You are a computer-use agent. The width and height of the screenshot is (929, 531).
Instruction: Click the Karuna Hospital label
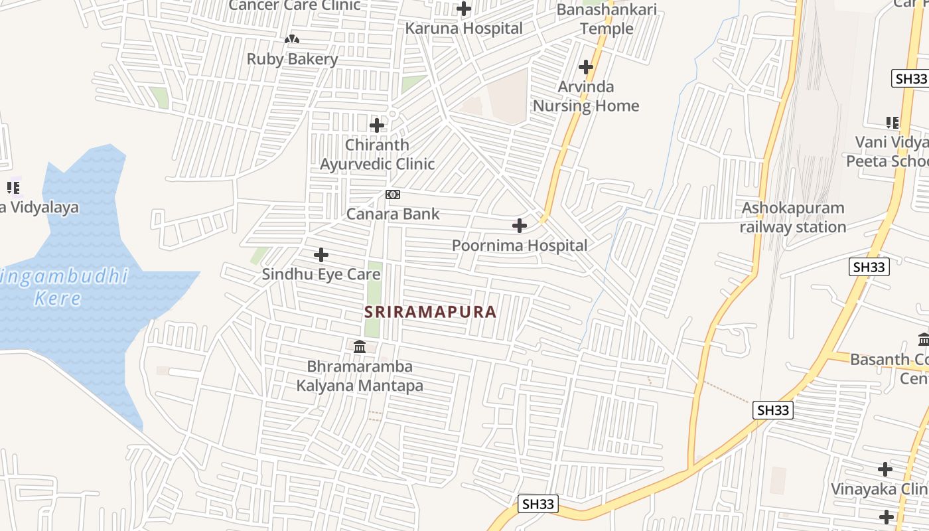(x=464, y=29)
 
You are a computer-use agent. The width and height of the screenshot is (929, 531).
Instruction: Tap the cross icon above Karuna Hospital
(x=464, y=9)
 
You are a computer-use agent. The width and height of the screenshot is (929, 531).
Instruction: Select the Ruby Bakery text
(x=292, y=59)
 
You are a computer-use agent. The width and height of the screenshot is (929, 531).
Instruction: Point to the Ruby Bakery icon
(x=292, y=40)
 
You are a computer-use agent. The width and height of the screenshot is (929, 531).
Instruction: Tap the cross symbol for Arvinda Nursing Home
(x=586, y=67)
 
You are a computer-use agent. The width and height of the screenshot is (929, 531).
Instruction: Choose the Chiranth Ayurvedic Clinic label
(x=377, y=154)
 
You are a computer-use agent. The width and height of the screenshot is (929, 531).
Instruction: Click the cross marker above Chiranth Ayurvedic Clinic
(x=377, y=125)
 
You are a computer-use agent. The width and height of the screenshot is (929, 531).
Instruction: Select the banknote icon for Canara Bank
(x=393, y=194)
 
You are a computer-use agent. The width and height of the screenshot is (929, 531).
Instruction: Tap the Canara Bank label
(x=393, y=214)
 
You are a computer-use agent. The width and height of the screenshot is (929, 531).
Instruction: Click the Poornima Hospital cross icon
(x=520, y=226)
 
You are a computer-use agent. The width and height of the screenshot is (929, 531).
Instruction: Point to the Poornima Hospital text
(x=520, y=246)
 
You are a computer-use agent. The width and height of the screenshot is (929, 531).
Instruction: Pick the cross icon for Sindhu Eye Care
(x=321, y=254)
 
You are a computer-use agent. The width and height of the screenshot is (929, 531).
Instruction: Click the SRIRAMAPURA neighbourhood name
(x=430, y=312)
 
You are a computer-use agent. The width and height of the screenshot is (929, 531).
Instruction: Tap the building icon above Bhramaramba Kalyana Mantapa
(x=360, y=346)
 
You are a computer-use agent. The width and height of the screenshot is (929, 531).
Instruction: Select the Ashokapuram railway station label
(x=793, y=218)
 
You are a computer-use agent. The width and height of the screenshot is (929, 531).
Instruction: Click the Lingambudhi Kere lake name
(x=63, y=287)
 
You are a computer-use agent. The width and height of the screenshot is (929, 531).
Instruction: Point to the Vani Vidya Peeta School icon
(x=893, y=123)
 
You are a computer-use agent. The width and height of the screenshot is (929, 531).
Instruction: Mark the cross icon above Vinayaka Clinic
(x=885, y=469)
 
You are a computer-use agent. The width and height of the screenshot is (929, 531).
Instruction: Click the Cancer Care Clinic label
(x=295, y=6)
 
